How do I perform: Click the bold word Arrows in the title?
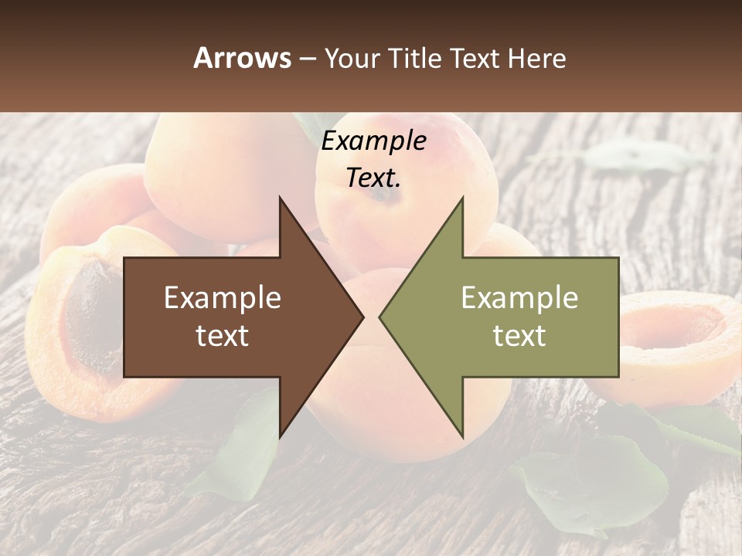click(x=242, y=58)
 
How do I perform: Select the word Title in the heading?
click(x=414, y=58)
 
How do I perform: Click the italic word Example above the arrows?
click(x=373, y=141)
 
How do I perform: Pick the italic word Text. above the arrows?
click(x=373, y=178)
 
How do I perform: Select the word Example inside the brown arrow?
click(x=222, y=298)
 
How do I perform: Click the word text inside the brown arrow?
click(x=222, y=336)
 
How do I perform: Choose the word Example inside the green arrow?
click(x=519, y=298)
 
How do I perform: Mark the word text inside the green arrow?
click(x=519, y=336)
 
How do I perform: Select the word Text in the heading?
click(x=475, y=58)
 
